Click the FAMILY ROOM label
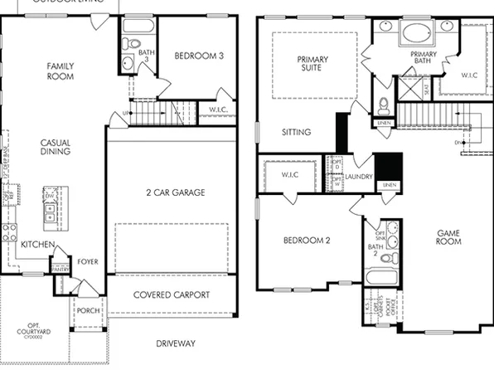click(61, 71)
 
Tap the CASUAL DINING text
click(56, 148)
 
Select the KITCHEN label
click(38, 245)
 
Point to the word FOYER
click(88, 262)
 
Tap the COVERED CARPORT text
click(172, 295)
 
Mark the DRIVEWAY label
click(175, 343)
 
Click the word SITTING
click(296, 132)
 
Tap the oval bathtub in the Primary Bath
click(414, 36)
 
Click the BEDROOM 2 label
click(307, 241)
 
